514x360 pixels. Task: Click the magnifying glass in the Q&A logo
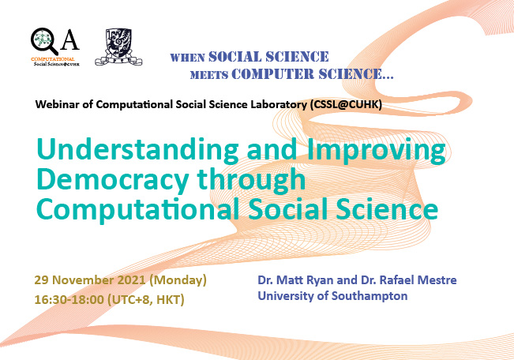click(42, 40)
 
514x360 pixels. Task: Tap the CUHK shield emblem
click(118, 47)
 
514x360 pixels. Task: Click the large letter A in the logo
click(70, 40)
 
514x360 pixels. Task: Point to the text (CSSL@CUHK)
click(345, 104)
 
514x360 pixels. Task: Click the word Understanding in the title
click(137, 150)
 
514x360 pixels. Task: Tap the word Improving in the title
click(376, 150)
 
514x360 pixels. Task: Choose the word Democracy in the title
click(112, 179)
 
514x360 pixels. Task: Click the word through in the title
click(251, 180)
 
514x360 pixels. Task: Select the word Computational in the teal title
click(137, 210)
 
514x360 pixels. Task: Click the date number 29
click(41, 280)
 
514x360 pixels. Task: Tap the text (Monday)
click(178, 280)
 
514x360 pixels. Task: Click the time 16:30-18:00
click(69, 299)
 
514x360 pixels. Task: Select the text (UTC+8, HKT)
click(146, 300)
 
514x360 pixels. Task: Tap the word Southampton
click(370, 296)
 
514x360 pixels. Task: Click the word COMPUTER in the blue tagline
click(272, 74)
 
